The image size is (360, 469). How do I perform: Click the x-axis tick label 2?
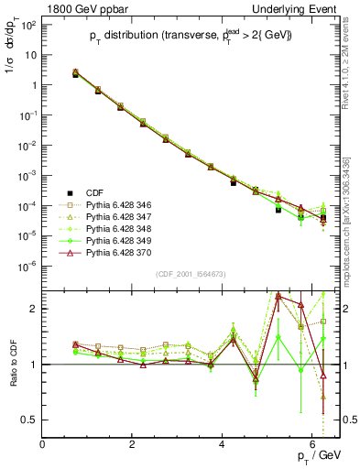tap(133, 443)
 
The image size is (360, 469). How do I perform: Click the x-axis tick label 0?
tap(43, 443)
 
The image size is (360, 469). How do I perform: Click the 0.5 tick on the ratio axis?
tap(31, 420)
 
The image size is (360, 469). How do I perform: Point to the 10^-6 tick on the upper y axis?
tap(28, 266)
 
